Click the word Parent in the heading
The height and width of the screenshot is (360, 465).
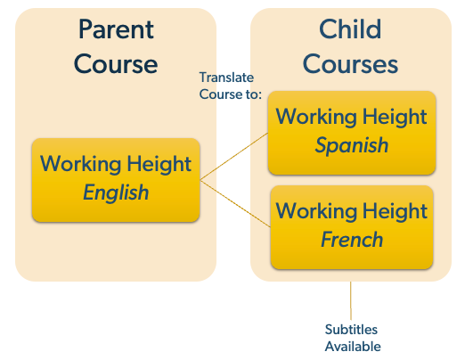click(116, 29)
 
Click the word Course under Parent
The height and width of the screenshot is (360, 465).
click(116, 64)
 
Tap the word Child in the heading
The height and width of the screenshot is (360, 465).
click(350, 29)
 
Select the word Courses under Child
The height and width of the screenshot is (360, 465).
click(350, 64)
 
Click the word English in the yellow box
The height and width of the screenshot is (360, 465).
click(116, 192)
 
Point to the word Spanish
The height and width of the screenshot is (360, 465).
click(352, 145)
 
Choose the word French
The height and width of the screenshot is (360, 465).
click(352, 240)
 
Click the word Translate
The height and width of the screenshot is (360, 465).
click(226, 78)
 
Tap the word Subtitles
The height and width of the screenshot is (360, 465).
click(351, 330)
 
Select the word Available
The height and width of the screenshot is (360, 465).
click(353, 347)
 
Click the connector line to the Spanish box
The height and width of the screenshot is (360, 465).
click(234, 157)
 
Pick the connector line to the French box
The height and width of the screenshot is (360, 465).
click(235, 204)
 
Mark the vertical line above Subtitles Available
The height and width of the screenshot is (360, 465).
click(351, 300)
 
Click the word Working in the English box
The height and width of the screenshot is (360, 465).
click(80, 164)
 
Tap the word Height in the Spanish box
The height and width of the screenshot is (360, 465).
click(395, 117)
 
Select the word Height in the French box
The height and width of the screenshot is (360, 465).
click(395, 211)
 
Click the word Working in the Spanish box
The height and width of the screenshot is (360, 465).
click(316, 117)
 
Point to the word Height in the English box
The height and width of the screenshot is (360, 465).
click(159, 164)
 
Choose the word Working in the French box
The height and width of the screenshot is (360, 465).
click(316, 211)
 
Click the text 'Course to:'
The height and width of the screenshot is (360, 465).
click(231, 94)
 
